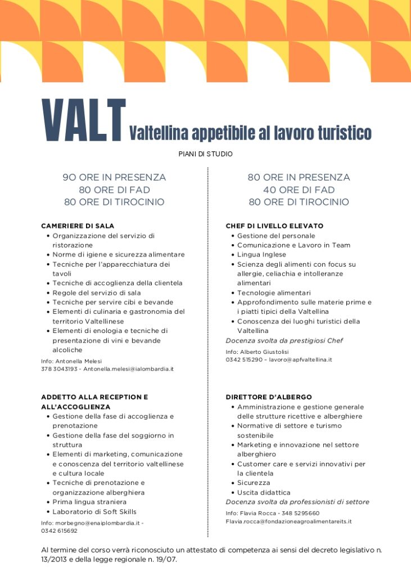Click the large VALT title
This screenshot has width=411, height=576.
coord(84,120)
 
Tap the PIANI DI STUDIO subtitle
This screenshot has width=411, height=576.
coord(205,154)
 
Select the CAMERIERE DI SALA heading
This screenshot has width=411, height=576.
coord(78,226)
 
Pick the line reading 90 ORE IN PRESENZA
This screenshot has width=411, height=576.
coord(114,178)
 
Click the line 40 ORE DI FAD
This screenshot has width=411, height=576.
coord(299,190)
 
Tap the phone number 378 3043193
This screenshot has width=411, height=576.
coord(59,369)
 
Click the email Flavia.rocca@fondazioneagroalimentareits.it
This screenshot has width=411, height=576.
coord(288,521)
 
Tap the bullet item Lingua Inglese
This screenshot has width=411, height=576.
coord(261,255)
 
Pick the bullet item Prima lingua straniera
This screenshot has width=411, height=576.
coord(89,502)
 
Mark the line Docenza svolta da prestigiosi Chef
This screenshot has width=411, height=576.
coord(284,340)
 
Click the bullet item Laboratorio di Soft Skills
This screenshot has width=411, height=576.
coord(94,511)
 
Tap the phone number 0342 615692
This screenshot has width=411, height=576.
coord(59,530)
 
